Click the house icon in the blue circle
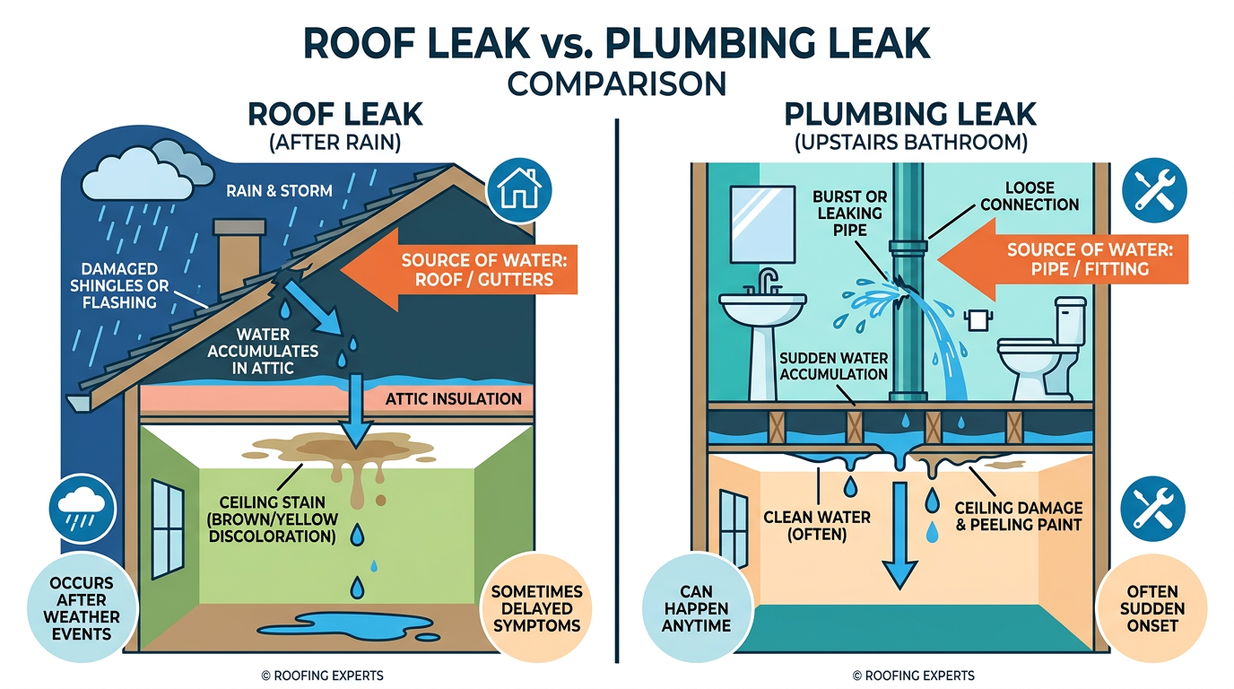[518, 191]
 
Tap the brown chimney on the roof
[239, 255]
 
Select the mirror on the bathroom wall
[762, 224]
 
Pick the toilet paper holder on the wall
[978, 319]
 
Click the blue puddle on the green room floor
[348, 627]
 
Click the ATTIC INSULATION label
[453, 399]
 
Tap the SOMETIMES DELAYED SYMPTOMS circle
[536, 608]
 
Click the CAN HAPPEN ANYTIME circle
[697, 608]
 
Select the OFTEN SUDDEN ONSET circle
[1151, 608]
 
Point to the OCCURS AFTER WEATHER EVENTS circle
[82, 607]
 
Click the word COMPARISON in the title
[616, 84]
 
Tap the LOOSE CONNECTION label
[1029, 196]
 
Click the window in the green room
[168, 529]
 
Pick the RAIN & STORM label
[279, 191]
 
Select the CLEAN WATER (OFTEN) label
[817, 526]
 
